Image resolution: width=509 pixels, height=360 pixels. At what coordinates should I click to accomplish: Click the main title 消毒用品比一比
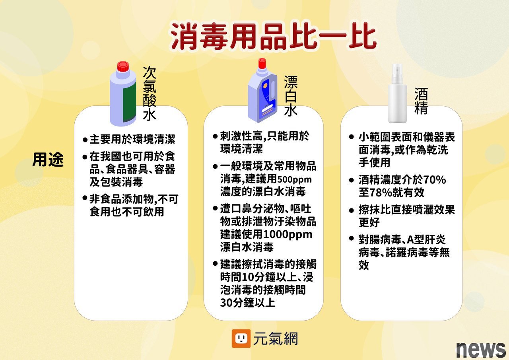coord(273,36)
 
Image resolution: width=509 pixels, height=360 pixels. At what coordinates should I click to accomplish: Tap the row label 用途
coord(48,160)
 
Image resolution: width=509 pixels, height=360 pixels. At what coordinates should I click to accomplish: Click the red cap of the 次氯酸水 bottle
coord(123,66)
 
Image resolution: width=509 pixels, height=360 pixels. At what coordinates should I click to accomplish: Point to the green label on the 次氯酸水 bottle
coord(130,102)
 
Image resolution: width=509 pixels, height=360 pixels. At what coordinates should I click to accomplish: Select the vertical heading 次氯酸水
coord(150,93)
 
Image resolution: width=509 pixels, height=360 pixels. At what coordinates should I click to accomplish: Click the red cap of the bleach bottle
coord(262,63)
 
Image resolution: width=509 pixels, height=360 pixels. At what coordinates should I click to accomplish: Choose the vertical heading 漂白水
coord(291,96)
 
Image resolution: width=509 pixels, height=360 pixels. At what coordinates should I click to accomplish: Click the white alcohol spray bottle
coord(397,93)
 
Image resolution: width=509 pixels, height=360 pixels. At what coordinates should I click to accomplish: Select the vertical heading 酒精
coord(421,101)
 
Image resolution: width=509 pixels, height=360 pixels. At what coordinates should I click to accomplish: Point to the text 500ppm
coord(294,179)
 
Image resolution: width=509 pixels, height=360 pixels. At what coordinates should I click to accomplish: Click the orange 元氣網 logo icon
coord(241,339)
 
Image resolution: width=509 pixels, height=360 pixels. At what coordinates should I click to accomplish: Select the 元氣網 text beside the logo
coord(276,339)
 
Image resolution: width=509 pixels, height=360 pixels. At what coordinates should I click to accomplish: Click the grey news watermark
coord(481,350)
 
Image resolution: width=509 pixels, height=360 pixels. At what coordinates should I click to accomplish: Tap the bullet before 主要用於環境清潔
coord(85,140)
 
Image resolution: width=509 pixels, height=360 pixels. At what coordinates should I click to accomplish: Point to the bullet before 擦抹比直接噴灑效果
coord(351,210)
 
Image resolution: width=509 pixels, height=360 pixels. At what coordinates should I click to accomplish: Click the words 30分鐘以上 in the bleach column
coord(248,302)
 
